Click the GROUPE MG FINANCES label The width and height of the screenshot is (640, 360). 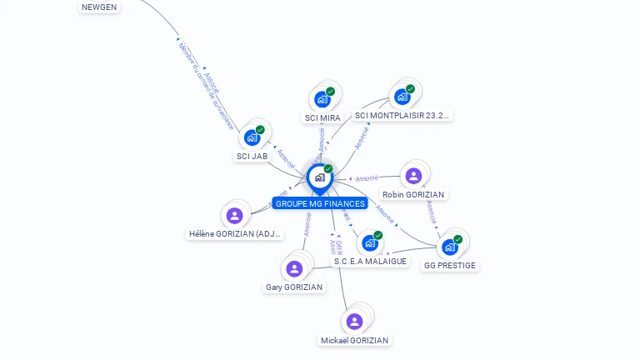coord(319,203)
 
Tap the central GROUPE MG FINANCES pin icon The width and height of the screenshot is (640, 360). coord(318,177)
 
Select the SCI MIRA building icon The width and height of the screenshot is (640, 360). coord(322,100)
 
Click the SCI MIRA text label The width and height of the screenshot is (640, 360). coord(322,118)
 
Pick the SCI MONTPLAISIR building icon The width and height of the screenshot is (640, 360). coord(402,97)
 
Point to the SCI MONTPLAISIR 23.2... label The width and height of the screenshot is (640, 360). coord(402,116)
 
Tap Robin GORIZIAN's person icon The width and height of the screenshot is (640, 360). coord(413,176)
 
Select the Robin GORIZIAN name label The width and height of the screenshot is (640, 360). coord(413,195)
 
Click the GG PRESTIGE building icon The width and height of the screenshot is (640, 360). coord(450,247)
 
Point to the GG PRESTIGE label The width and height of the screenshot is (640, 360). coord(450,266)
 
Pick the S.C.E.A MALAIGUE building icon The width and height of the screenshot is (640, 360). coord(370,242)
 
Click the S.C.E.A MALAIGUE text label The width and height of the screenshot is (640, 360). coord(370,262)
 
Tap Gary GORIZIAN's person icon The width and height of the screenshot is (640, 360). coord(294,268)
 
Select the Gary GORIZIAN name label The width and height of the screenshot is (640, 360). coord(294,287)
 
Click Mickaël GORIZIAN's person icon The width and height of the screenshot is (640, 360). coord(354,322)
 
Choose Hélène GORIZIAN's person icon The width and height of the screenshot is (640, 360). coord(235,216)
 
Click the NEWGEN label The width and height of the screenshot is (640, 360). coord(99,7)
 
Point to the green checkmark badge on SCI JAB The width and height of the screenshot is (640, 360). coord(260,130)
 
